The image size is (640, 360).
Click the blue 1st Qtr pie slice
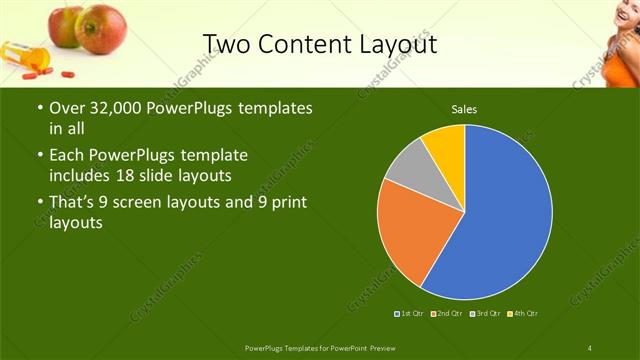tap(500, 220)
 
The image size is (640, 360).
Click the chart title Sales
tap(463, 108)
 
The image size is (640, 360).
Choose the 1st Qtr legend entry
tap(410, 314)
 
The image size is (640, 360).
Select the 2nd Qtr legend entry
tap(446, 314)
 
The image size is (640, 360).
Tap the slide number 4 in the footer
tap(590, 347)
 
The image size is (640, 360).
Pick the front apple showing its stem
tap(100, 27)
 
